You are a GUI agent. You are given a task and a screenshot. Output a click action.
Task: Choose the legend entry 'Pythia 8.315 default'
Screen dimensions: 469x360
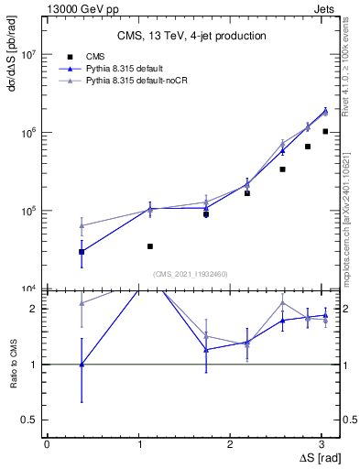point(130,69)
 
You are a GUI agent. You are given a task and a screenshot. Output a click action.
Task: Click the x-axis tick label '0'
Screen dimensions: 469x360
point(47,442)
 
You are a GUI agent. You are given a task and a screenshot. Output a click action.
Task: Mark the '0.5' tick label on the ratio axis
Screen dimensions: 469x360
point(28,420)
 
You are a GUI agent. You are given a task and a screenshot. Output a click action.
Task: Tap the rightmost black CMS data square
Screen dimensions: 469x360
point(325,131)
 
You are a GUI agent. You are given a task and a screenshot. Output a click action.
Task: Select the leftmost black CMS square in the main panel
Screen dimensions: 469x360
point(82,251)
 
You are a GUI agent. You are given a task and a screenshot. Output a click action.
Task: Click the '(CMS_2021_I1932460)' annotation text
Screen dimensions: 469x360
point(190,273)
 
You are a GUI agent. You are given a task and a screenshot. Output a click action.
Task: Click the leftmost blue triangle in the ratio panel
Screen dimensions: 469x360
point(82,365)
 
